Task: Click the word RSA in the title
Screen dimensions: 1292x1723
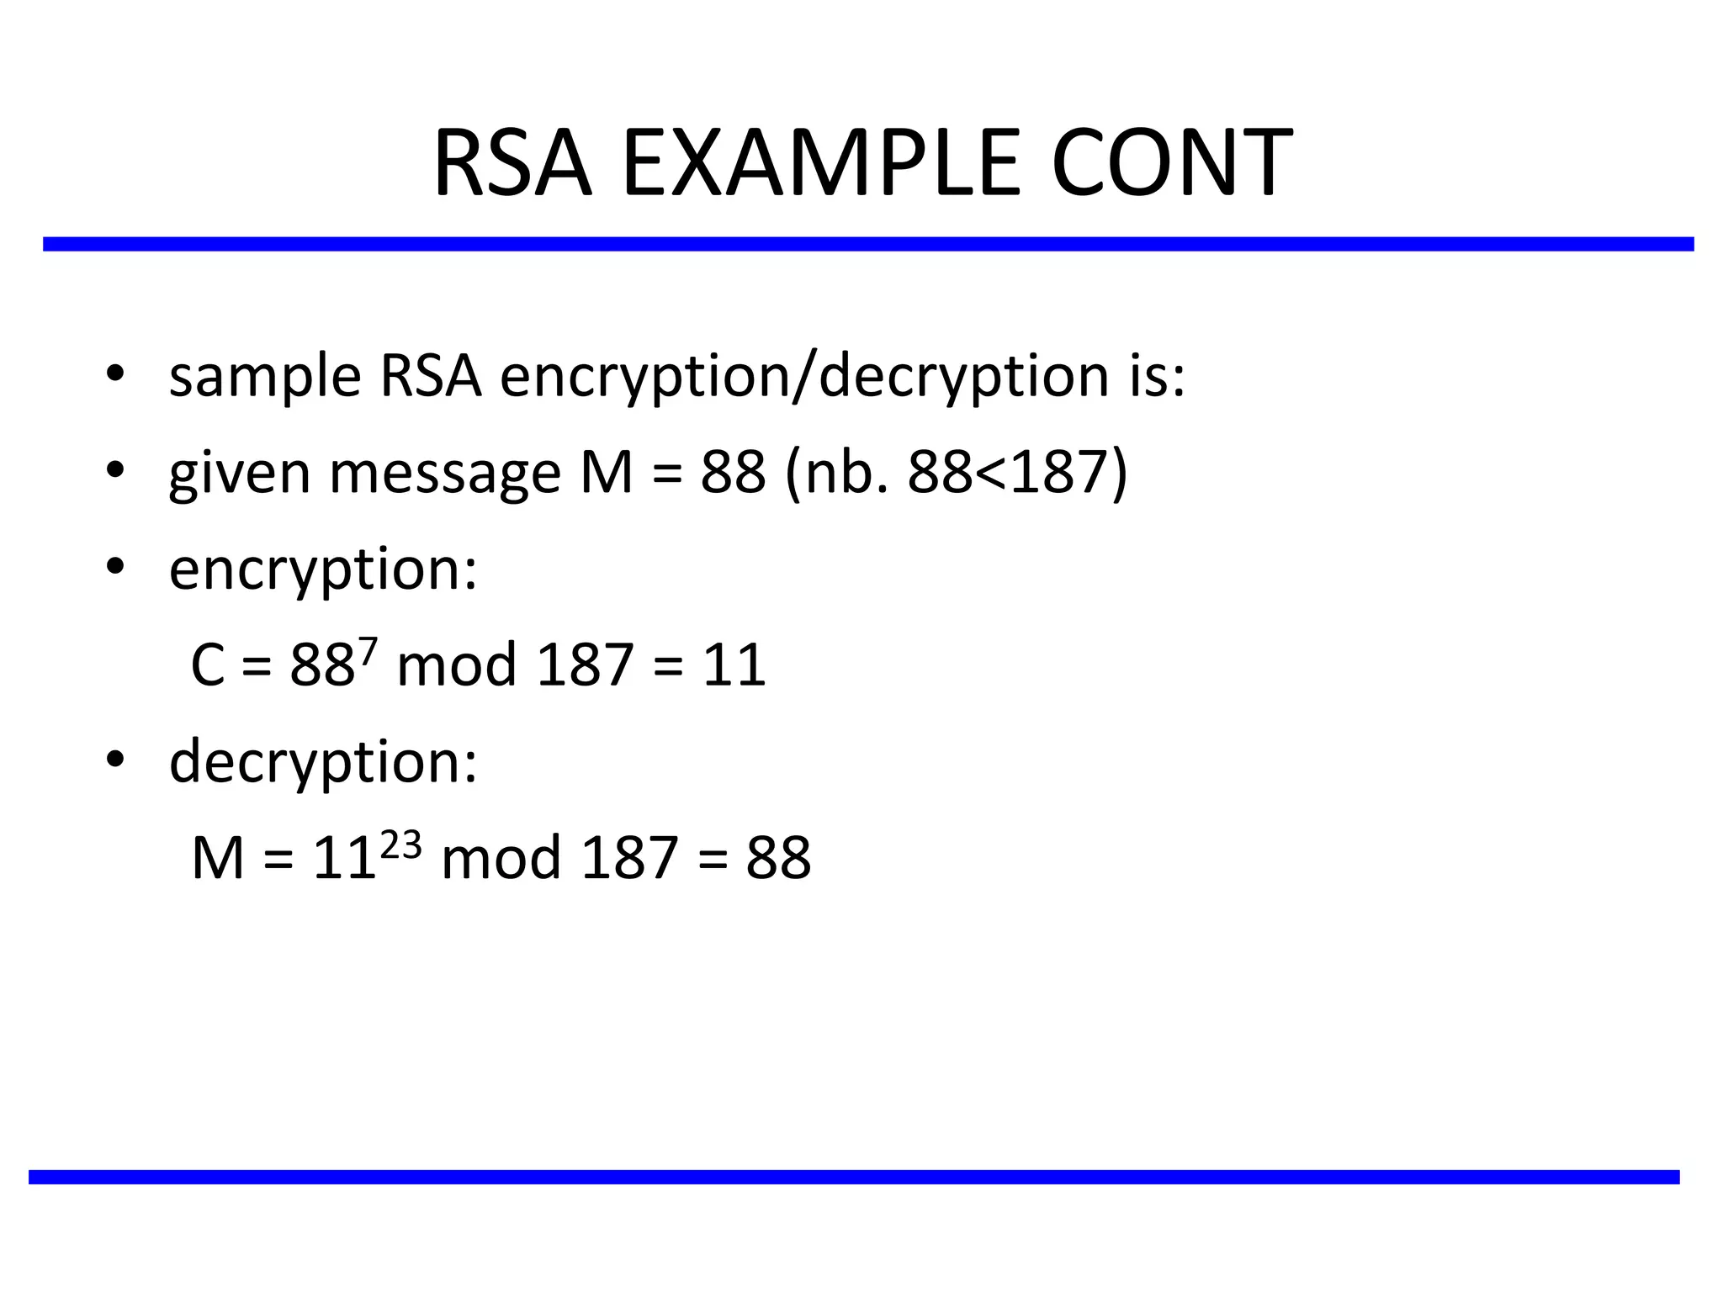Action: coord(512,163)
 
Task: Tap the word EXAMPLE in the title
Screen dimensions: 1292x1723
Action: coord(820,163)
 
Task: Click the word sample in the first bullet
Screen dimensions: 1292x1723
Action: coord(265,377)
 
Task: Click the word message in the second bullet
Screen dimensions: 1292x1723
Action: coord(444,474)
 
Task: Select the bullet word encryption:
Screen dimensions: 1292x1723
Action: coord(323,571)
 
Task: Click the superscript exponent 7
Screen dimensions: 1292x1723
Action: coord(368,648)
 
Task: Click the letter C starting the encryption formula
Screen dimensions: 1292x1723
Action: coord(208,665)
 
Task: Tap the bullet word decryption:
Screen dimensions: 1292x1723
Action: coord(323,762)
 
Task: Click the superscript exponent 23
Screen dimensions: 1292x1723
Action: coord(400,843)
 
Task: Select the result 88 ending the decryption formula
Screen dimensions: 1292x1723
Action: coord(778,859)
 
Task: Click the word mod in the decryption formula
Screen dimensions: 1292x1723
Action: coord(501,859)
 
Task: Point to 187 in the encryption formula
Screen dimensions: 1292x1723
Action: coord(584,665)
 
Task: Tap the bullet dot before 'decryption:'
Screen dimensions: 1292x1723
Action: coord(115,759)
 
